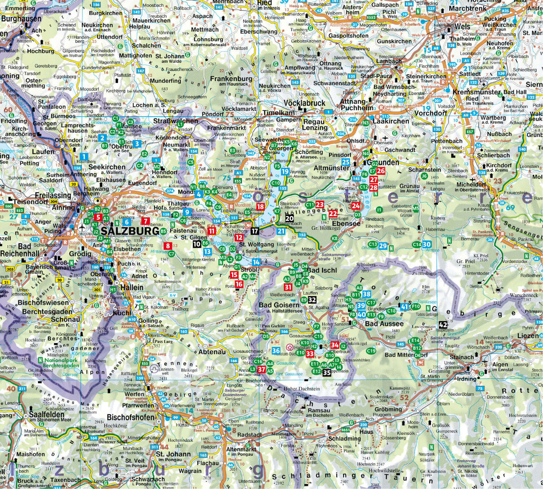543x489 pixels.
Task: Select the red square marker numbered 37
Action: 262,370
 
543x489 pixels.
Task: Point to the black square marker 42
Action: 443,325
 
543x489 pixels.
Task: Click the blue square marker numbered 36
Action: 276,350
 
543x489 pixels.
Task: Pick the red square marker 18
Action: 260,207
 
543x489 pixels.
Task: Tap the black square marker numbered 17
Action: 255,231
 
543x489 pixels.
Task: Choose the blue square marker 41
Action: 405,307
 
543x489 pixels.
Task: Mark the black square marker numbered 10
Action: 197,244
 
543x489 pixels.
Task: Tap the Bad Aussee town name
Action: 385,324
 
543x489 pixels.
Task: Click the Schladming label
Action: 344,438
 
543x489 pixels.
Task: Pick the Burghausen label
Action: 21,19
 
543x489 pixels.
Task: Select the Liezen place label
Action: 528,335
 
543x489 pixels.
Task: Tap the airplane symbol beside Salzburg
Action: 83,227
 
